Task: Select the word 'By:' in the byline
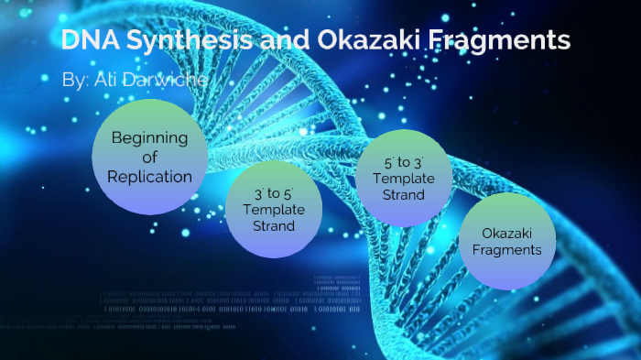click(x=74, y=81)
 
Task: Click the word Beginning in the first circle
click(x=149, y=138)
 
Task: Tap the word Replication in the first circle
click(x=149, y=176)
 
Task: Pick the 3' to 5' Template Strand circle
click(x=273, y=210)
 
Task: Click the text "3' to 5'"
click(x=274, y=194)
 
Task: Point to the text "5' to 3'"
click(x=404, y=161)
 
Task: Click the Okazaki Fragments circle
click(x=506, y=241)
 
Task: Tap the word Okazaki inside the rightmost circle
click(x=506, y=233)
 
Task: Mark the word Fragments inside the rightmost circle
click(x=506, y=249)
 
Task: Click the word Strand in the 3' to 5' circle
click(x=274, y=225)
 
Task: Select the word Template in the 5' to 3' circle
click(x=404, y=178)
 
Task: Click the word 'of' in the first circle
click(x=149, y=158)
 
